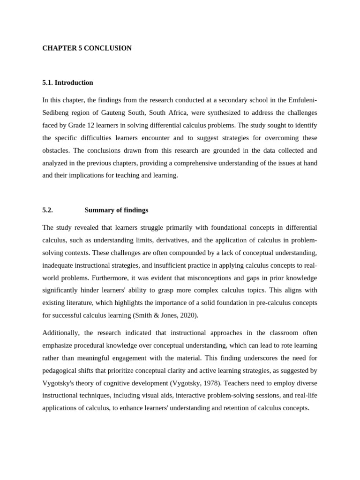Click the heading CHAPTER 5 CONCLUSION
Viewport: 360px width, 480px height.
87,48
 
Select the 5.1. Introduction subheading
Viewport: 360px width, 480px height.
67,82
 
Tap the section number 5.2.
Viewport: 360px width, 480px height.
47,210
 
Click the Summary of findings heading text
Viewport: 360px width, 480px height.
116,210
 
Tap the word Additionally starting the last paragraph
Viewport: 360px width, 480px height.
61,333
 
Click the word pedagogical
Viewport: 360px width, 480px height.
60,370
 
